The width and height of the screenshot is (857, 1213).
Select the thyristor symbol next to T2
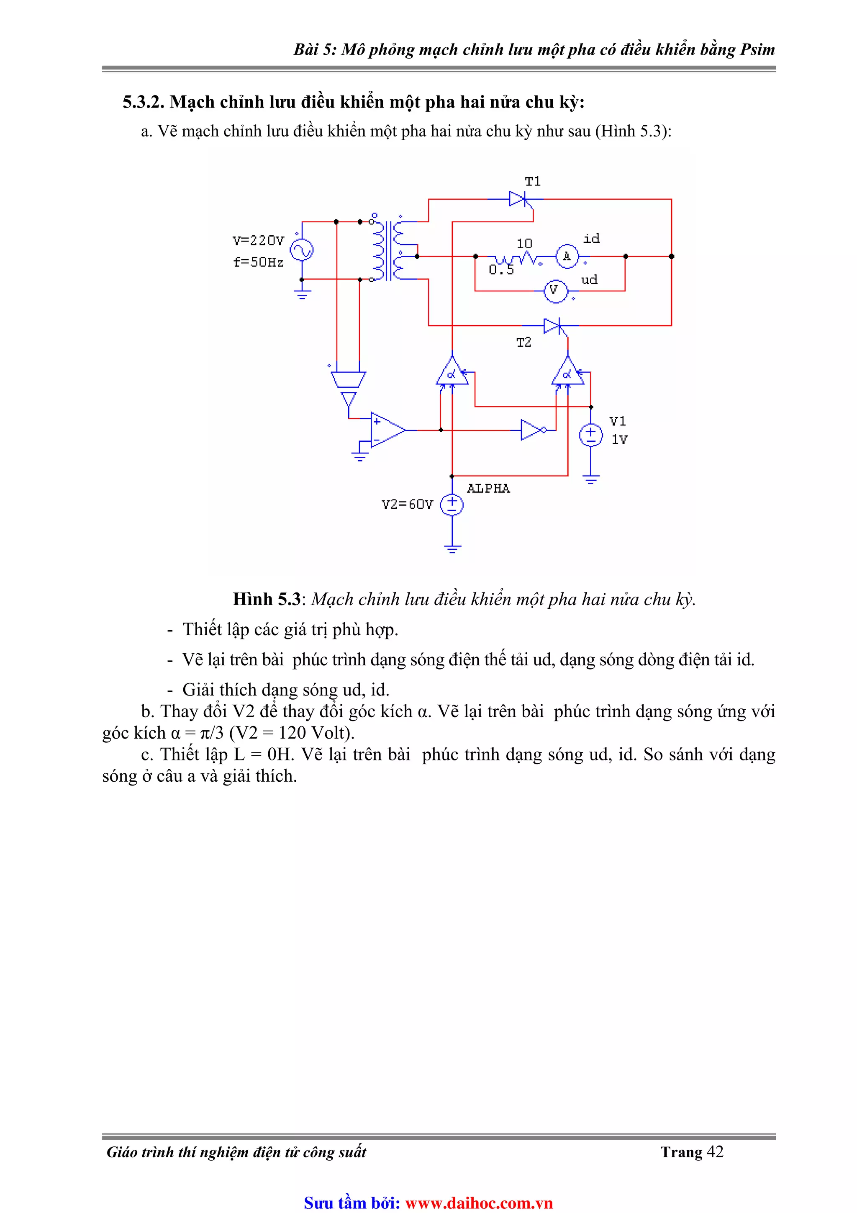point(552,325)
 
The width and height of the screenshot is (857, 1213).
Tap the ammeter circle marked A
point(567,257)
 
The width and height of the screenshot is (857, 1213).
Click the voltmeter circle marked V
point(554,291)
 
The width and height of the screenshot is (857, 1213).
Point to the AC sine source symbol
point(302,250)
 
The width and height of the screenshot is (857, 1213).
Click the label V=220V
point(258,241)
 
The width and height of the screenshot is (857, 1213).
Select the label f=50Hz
point(258,262)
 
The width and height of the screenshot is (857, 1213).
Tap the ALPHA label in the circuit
point(488,489)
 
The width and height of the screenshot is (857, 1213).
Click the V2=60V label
point(407,505)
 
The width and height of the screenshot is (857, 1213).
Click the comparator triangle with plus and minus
point(387,430)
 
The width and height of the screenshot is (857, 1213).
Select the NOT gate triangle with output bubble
point(532,430)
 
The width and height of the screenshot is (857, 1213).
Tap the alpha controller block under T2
point(567,373)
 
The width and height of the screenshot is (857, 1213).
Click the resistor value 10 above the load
point(524,244)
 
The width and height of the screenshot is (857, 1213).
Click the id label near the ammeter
point(591,239)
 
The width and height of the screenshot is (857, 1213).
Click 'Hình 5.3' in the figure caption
point(266,599)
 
